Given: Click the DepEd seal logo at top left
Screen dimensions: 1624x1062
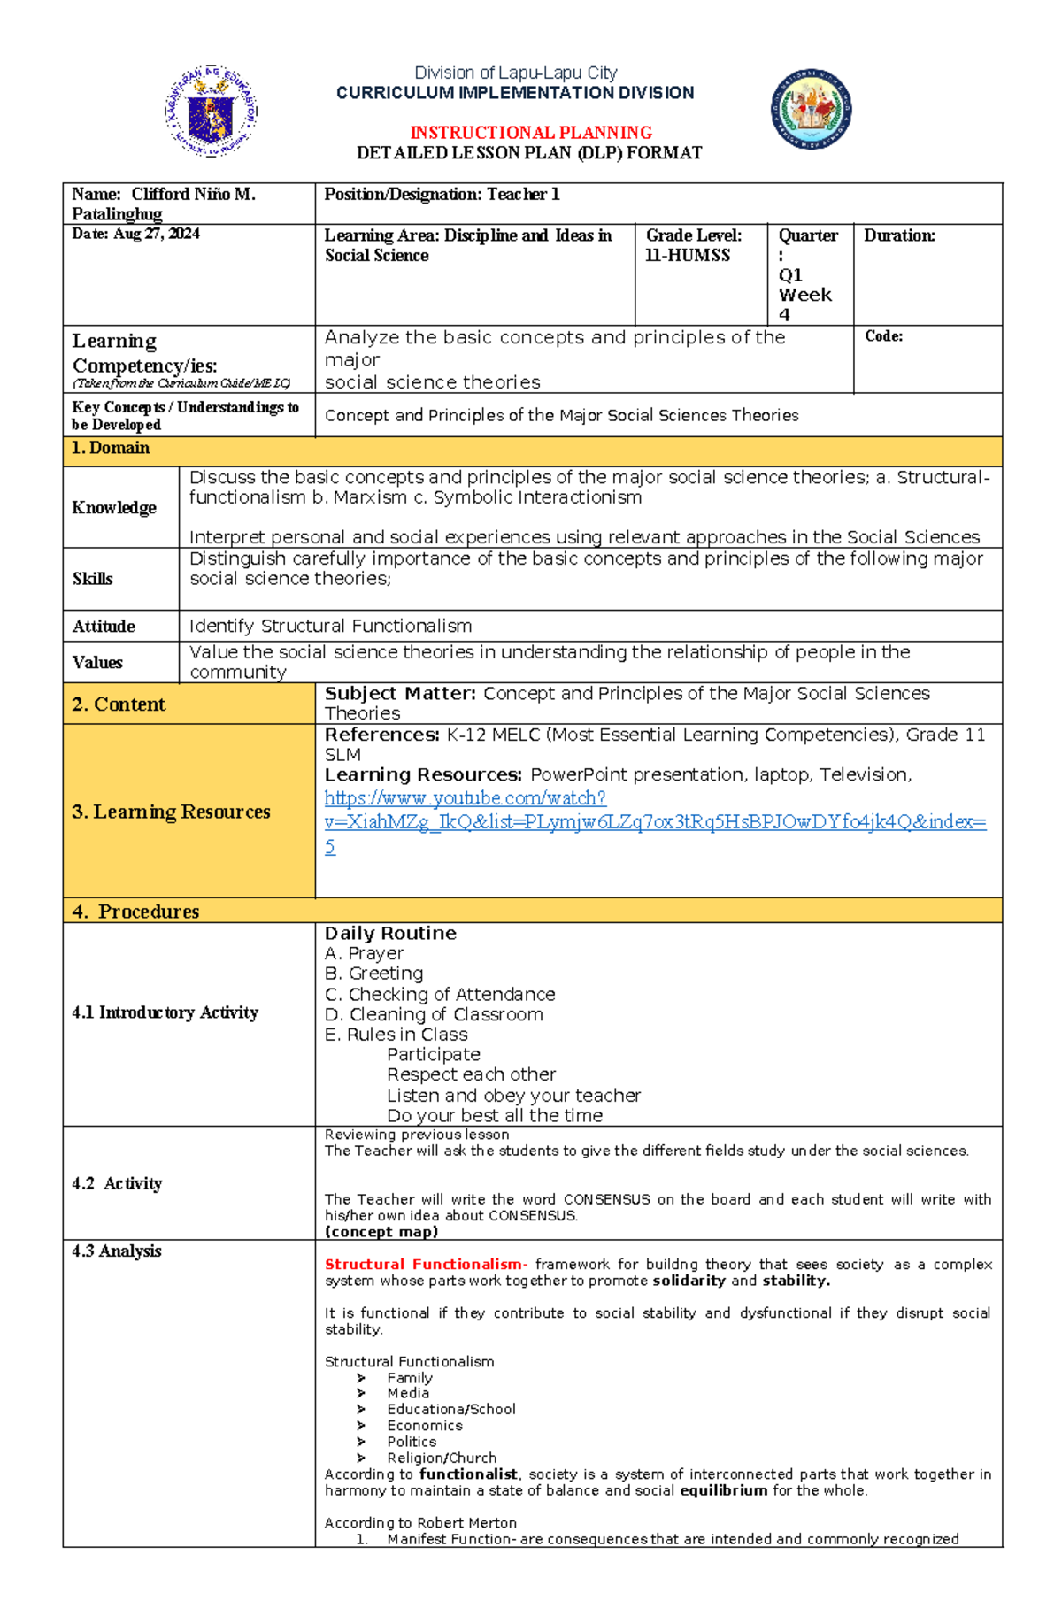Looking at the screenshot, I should [211, 112].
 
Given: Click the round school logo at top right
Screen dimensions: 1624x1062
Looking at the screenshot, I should [811, 110].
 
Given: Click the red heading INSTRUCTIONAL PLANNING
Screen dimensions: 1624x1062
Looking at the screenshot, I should [531, 133].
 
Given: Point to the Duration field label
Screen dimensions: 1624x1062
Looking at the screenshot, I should [899, 235].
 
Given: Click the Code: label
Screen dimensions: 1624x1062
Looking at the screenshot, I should [883, 336].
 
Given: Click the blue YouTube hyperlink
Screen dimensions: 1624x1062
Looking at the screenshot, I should [655, 821].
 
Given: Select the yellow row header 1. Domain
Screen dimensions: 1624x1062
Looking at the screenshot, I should [111, 448].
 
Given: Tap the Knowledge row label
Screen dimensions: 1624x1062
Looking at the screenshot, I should [114, 507].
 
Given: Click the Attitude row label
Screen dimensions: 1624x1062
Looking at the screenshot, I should [104, 626].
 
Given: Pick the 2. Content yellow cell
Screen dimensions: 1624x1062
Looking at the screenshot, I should [119, 704].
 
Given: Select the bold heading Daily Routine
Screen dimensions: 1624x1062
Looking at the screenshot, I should [390, 933].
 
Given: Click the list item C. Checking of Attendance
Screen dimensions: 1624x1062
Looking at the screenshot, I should [440, 994].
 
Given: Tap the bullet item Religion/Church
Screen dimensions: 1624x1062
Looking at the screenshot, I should [442, 1458].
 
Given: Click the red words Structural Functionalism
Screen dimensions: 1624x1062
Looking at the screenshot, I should [423, 1264].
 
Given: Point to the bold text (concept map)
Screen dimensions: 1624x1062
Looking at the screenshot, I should [381, 1232].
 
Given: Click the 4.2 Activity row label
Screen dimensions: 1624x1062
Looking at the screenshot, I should [117, 1183].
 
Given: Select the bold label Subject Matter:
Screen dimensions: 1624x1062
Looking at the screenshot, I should [400, 693].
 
